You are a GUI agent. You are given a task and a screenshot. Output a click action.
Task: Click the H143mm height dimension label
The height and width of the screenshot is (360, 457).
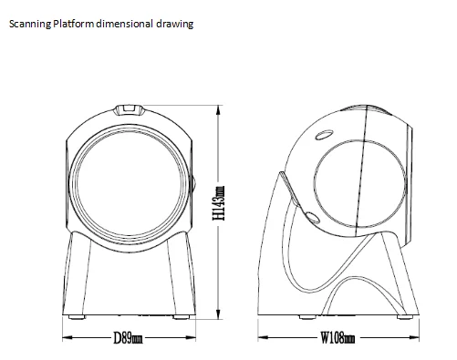coord(219,203)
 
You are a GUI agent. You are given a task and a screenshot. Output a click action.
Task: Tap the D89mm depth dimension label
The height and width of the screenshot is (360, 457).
coord(128,338)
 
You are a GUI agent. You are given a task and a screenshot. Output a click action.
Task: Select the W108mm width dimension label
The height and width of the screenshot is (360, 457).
coord(338,337)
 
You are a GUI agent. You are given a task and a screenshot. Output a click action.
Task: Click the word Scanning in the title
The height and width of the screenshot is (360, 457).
coord(30,24)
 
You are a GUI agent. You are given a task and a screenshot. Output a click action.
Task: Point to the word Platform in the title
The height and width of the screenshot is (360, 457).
coord(73,24)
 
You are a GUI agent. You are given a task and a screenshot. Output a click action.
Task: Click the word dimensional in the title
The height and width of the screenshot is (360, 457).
coord(124,24)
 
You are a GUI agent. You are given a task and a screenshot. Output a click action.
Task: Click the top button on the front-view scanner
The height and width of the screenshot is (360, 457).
coord(129,110)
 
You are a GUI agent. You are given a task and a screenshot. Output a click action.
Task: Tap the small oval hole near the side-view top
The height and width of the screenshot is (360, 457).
coord(324,135)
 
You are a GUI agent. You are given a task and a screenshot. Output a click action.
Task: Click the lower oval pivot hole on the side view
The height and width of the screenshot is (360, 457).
coord(312,218)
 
